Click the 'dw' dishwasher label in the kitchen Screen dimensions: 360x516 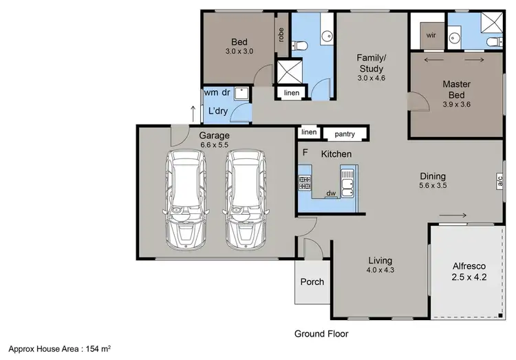[x=331, y=193]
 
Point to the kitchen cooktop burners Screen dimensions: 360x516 [x=305, y=182]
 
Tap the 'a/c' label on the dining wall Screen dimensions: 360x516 [x=500, y=181]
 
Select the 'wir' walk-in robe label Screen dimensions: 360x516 [x=431, y=34]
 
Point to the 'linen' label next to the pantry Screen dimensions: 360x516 [x=308, y=132]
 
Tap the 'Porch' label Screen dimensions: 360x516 [x=312, y=282]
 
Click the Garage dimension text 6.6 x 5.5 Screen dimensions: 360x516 [x=214, y=146]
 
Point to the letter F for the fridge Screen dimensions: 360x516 [x=303, y=152]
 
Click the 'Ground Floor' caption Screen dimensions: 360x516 [x=321, y=334]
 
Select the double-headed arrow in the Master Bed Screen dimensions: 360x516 [x=442, y=61]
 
